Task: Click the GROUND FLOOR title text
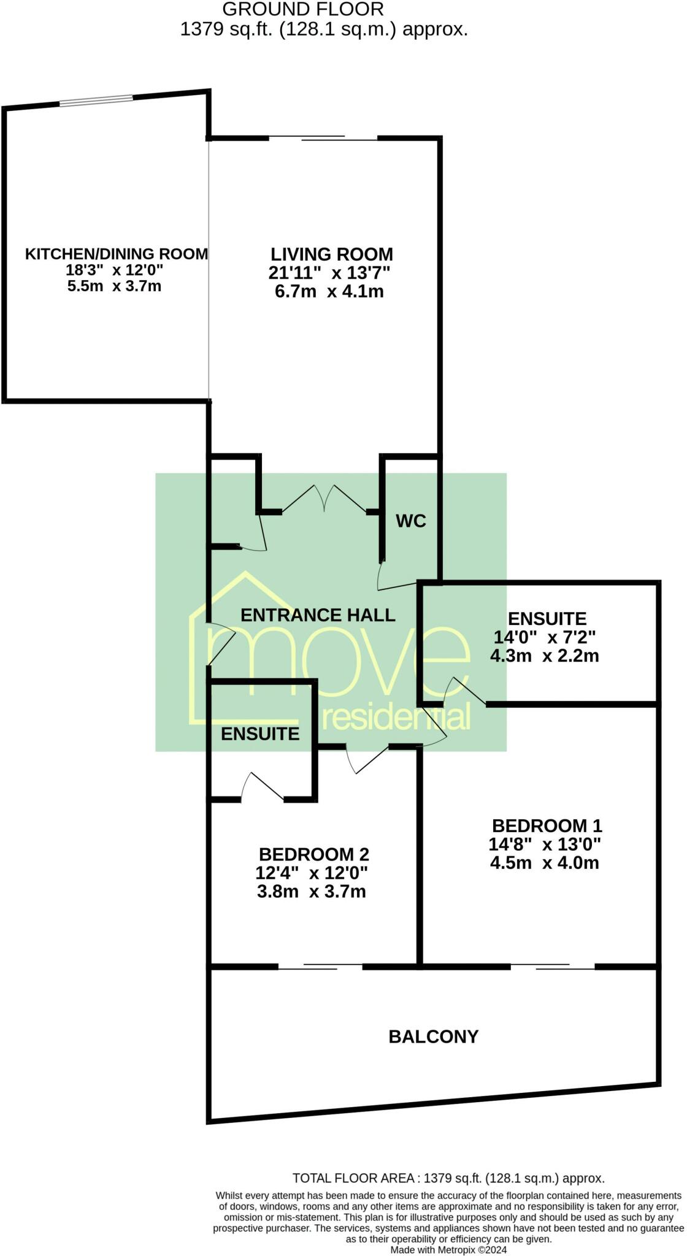pyautogui.click(x=303, y=9)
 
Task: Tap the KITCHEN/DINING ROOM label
pyautogui.click(x=117, y=254)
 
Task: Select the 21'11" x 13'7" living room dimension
pyautogui.click(x=329, y=273)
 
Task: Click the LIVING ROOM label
pyautogui.click(x=332, y=255)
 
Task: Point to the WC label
pyautogui.click(x=410, y=521)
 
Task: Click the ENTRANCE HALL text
pyautogui.click(x=318, y=615)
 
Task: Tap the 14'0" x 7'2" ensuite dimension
pyautogui.click(x=545, y=637)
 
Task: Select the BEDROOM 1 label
pyautogui.click(x=547, y=825)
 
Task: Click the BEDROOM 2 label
pyautogui.click(x=314, y=854)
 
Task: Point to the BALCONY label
pyautogui.click(x=434, y=1036)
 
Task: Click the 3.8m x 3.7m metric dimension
pyautogui.click(x=312, y=891)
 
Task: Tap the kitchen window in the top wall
pyautogui.click(x=96, y=101)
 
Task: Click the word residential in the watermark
pyautogui.click(x=396, y=717)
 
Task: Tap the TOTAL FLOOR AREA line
pyautogui.click(x=448, y=1178)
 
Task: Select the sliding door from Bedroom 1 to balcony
pyautogui.click(x=553, y=968)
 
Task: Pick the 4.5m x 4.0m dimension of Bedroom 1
pyautogui.click(x=545, y=863)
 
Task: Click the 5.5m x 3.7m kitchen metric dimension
pyautogui.click(x=115, y=286)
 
